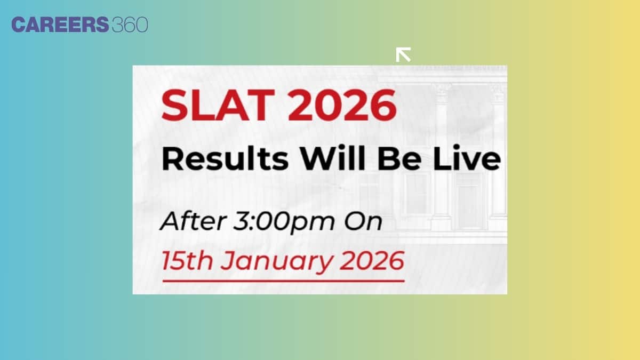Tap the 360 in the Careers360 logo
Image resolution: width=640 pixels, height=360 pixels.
(x=130, y=25)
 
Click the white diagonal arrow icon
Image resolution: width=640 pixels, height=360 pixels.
(x=403, y=54)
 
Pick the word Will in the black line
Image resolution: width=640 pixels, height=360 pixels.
(x=331, y=159)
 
